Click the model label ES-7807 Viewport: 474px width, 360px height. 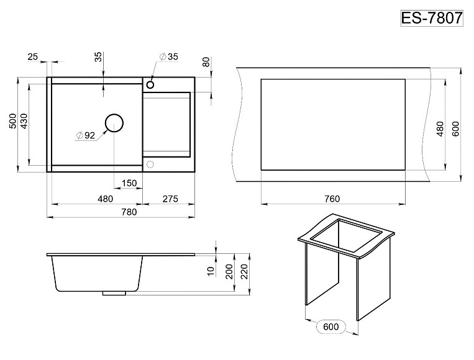click(x=432, y=18)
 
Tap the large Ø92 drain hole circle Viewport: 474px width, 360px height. click(x=114, y=124)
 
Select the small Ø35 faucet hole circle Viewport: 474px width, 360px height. click(x=150, y=84)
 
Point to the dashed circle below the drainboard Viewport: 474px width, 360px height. click(x=150, y=165)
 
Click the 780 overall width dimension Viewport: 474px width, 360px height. click(x=129, y=212)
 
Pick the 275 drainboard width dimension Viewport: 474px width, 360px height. click(x=170, y=199)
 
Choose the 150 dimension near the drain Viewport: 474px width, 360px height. click(x=129, y=183)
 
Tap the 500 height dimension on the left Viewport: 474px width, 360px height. click(x=13, y=121)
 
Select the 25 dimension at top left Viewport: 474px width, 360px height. click(x=33, y=56)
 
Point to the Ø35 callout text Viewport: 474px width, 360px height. click(x=169, y=56)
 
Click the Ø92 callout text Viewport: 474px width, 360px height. click(x=86, y=135)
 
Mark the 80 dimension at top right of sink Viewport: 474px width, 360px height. click(x=206, y=62)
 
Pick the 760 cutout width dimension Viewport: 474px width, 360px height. click(x=332, y=199)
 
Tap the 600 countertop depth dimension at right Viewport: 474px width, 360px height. click(x=455, y=128)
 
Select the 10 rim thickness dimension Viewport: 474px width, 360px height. click(x=211, y=271)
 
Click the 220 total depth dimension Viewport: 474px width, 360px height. click(x=244, y=271)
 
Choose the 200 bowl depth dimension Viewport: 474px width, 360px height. click(x=229, y=271)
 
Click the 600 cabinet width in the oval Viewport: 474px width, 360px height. click(x=330, y=326)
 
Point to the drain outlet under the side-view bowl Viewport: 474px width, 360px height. click(x=114, y=293)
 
